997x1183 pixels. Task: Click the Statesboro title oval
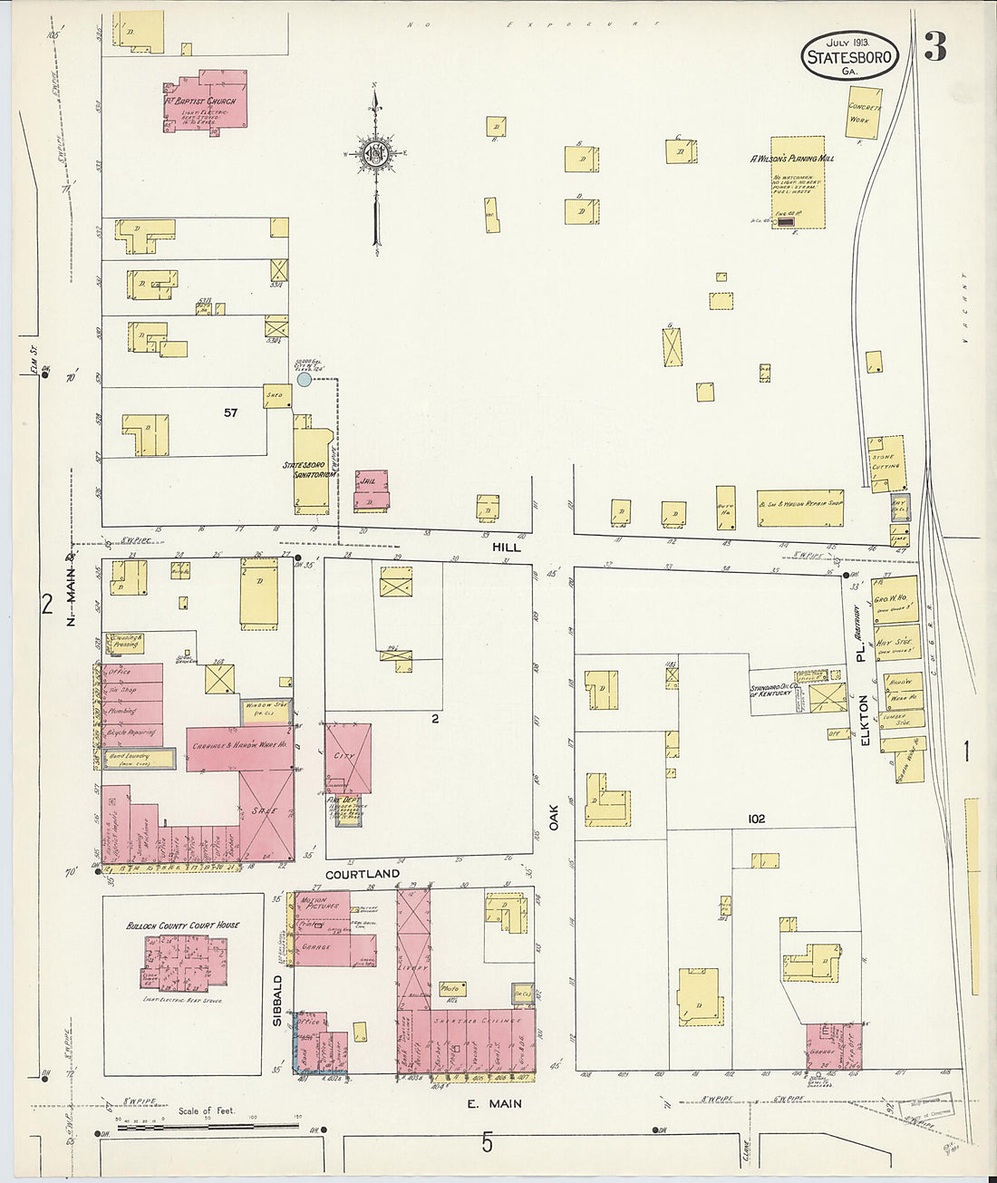pos(849,56)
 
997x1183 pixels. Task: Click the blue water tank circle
pos(305,380)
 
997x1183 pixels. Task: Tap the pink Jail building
pos(371,490)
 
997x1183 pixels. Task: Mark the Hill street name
pos(506,548)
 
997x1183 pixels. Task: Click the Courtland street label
pos(362,874)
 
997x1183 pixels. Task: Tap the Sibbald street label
pos(278,1000)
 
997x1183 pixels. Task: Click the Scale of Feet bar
pos(197,1126)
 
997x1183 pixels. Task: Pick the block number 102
pos(756,819)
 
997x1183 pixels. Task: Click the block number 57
pos(230,412)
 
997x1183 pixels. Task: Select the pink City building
pos(347,757)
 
